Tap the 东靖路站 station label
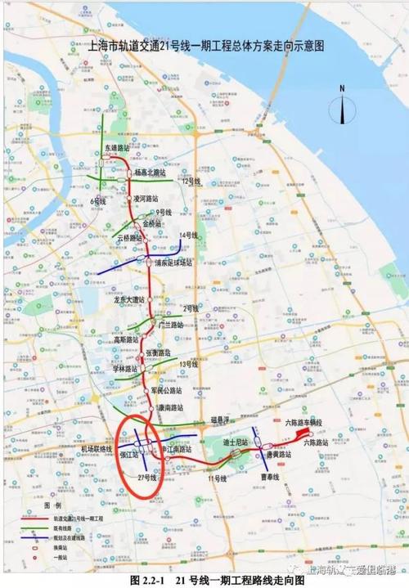(119, 148)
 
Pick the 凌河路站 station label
(149, 198)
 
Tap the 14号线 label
(189, 236)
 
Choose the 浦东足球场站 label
(173, 263)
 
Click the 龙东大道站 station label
(129, 299)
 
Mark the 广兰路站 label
(172, 324)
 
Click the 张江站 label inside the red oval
(129, 456)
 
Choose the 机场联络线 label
(96, 449)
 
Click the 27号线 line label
(147, 477)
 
